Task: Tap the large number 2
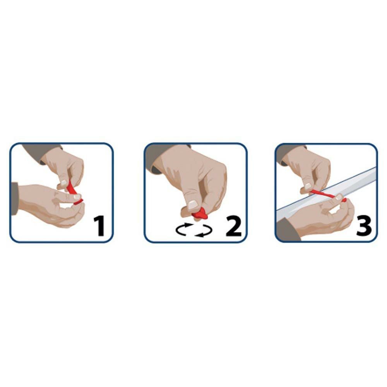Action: (233, 226)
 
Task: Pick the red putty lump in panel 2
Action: (200, 214)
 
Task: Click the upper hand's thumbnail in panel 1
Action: (64, 183)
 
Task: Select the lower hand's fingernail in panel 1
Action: (77, 197)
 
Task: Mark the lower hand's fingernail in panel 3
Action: (339, 197)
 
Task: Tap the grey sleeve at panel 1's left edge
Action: (14, 199)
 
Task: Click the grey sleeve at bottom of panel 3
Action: (288, 229)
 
